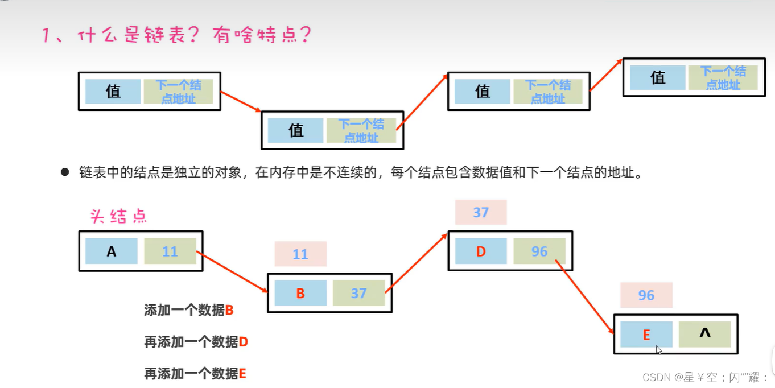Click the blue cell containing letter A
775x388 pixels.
pos(111,251)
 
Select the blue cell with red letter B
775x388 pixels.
pos(300,294)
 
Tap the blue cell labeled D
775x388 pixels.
pos(481,251)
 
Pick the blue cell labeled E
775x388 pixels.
pos(646,335)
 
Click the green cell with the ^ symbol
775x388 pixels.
pos(704,335)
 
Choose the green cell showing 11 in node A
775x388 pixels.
pos(170,251)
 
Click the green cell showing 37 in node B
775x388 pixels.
pos(358,294)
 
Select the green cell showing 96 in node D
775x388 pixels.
pos(539,251)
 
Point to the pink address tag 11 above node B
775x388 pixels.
pos(300,254)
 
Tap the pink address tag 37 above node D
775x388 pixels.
pos(481,212)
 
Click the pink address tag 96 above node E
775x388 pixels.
pos(646,295)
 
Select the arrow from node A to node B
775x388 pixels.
pos(233,272)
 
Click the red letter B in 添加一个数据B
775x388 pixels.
pos(230,311)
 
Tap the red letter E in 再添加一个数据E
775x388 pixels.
pos(242,374)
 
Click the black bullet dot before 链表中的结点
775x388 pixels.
pos(65,172)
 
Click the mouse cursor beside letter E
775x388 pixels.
pos(658,349)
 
